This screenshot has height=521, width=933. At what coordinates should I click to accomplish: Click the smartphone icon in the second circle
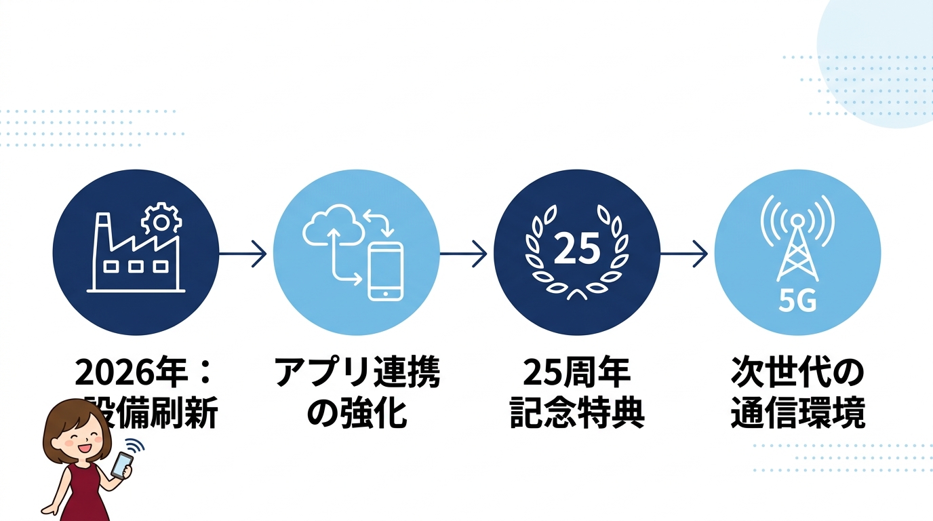click(385, 271)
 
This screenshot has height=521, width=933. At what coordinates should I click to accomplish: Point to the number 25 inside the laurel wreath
click(577, 249)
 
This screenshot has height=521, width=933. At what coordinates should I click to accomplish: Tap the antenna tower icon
click(797, 248)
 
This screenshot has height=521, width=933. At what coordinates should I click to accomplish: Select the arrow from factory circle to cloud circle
click(243, 254)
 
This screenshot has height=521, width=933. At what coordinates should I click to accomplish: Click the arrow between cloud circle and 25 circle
click(464, 254)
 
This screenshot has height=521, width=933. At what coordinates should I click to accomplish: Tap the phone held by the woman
click(121, 465)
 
